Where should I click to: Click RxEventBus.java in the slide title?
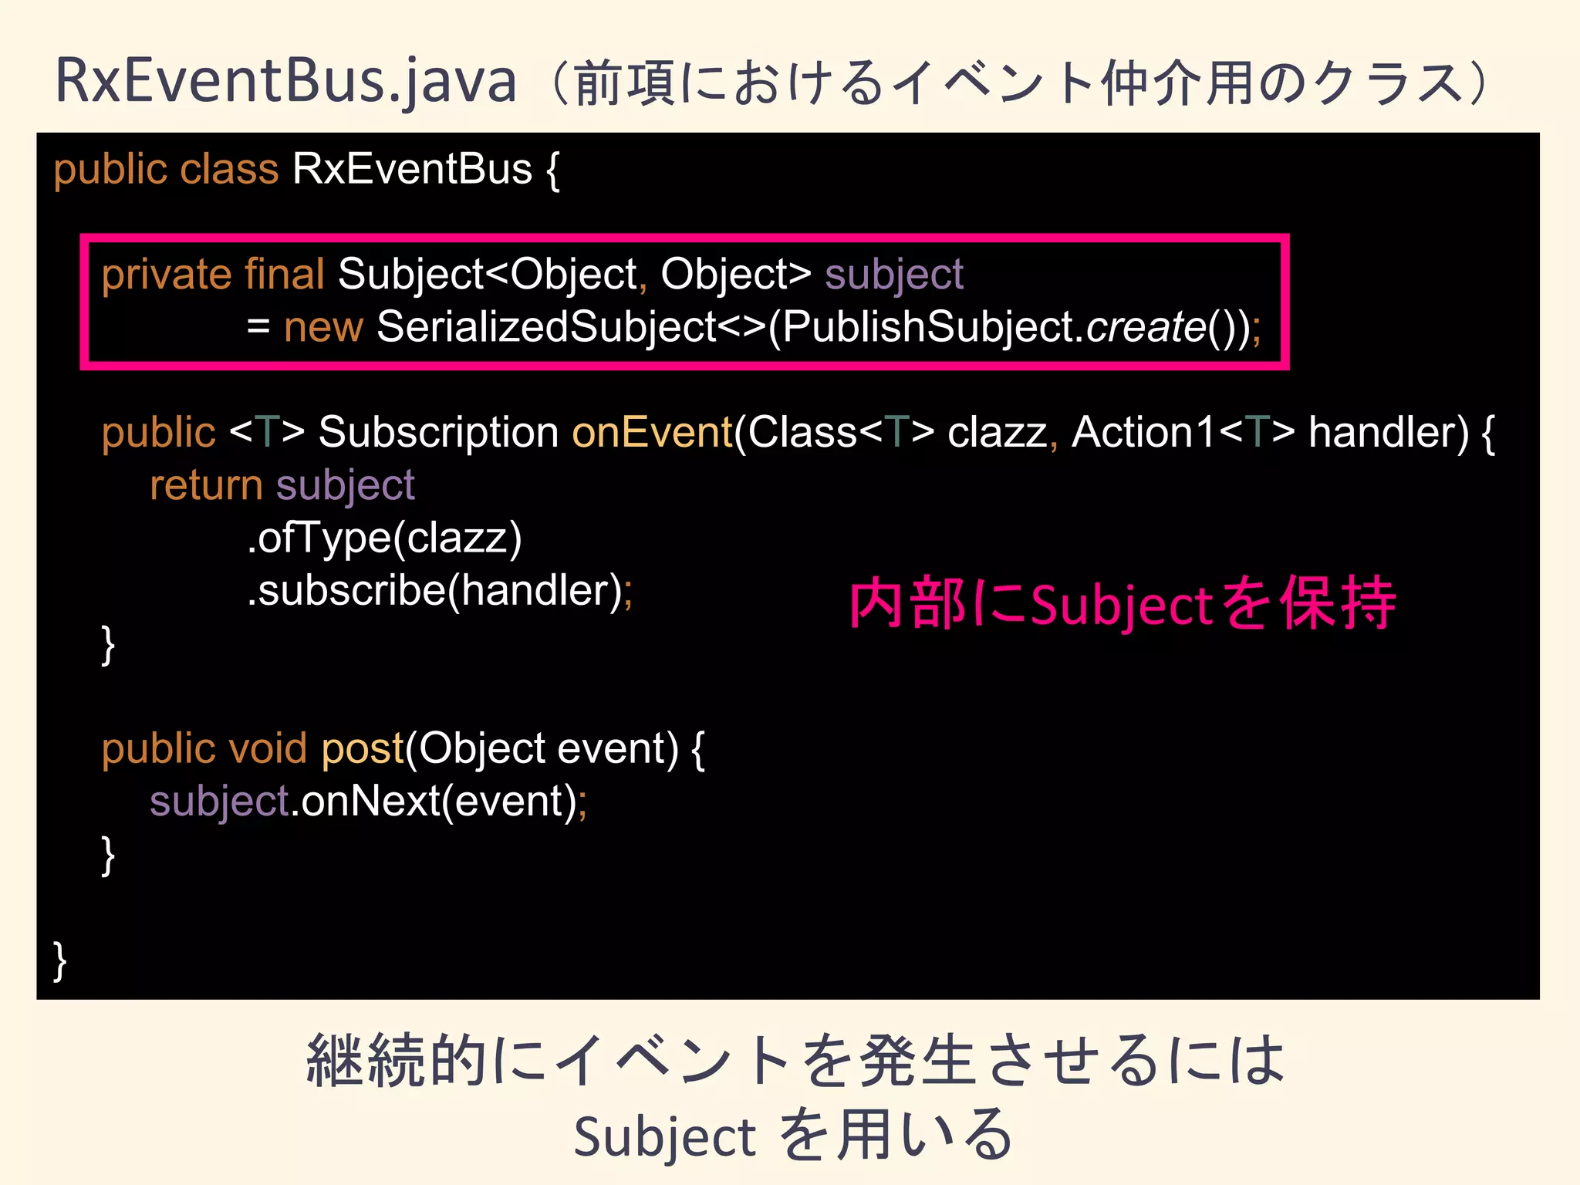click(x=285, y=82)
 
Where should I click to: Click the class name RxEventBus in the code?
click(x=412, y=169)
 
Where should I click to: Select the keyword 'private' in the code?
click(x=166, y=275)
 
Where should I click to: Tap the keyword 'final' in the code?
click(x=284, y=275)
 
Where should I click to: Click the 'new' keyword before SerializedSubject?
click(x=322, y=327)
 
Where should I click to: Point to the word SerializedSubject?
click(x=547, y=327)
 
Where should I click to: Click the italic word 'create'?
click(x=1146, y=327)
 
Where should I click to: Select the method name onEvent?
click(x=651, y=432)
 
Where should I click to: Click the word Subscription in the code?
click(x=438, y=432)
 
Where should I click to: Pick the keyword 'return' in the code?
click(x=206, y=485)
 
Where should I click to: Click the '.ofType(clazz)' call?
click(x=384, y=538)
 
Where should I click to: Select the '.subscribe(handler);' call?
click(x=439, y=591)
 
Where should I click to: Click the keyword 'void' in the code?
click(x=268, y=748)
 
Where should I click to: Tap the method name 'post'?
click(x=363, y=748)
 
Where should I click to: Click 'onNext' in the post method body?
click(x=370, y=802)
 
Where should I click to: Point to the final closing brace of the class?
click(x=59, y=960)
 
